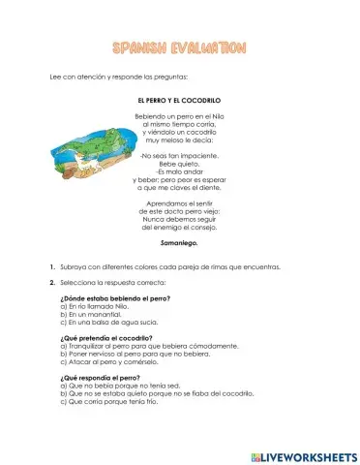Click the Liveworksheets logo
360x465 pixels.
(x=302, y=453)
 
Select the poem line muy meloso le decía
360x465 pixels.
(x=180, y=139)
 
